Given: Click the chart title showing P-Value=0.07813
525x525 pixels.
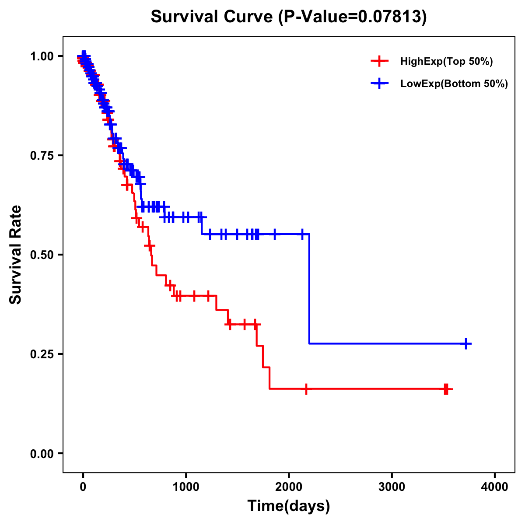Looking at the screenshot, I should pos(288,17).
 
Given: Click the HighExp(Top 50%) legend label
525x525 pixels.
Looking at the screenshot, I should pos(446,62).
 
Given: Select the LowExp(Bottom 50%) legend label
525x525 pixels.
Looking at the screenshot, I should pos(454,84).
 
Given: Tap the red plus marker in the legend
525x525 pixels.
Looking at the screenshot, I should pos(379,61).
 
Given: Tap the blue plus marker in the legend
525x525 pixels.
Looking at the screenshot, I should pos(379,84).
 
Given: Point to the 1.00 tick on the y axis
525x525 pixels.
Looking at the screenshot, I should pos(42,56).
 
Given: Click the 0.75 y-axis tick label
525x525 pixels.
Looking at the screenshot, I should pos(42,155).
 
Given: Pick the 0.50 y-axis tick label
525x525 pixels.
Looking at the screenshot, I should pos(42,255).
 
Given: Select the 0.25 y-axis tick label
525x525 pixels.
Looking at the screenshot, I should pos(42,354).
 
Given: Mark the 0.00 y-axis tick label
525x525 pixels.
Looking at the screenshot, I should pos(42,453).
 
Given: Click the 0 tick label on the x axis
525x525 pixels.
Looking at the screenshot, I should pos(83,487).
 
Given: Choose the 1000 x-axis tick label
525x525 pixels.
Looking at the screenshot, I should pos(186,487).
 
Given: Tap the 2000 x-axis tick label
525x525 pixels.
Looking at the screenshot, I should pos(289,487).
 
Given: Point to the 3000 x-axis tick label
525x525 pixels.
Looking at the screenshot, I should pos(392,487).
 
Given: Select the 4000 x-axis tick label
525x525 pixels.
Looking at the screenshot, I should pos(495,487).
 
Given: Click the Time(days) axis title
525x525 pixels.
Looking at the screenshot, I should pos(289,506).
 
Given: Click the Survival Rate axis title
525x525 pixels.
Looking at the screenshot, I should pos(16,254).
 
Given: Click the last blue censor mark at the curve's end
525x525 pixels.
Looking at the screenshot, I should pos(466,343).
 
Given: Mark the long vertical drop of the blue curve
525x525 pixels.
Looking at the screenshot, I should pos(309,289).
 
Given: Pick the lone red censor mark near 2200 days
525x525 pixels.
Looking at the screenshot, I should pos(306,389).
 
